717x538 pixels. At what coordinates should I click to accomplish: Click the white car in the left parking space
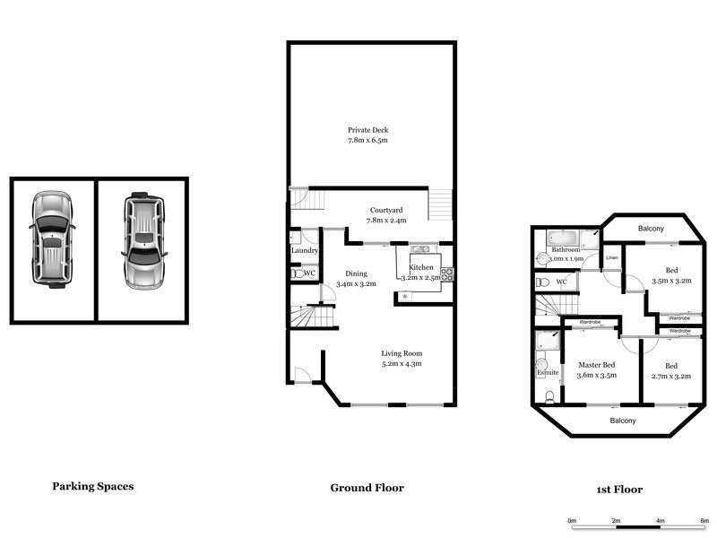click(53, 239)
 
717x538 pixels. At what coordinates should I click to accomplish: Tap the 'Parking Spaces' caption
click(93, 486)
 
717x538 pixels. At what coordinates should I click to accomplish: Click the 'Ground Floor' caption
click(367, 488)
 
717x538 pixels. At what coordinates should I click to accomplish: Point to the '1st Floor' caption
click(619, 490)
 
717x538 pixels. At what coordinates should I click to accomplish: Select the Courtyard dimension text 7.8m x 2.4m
click(386, 220)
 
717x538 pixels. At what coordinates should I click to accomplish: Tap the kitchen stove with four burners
click(446, 274)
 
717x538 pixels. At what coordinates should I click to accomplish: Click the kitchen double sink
click(420, 249)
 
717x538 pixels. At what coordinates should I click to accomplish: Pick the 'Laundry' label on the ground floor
click(305, 251)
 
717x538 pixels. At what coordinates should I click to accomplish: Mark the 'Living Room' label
click(401, 352)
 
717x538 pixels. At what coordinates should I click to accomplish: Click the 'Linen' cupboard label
click(612, 258)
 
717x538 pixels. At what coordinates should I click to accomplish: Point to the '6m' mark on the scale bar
click(704, 519)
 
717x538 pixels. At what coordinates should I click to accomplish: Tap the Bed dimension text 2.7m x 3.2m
click(671, 376)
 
